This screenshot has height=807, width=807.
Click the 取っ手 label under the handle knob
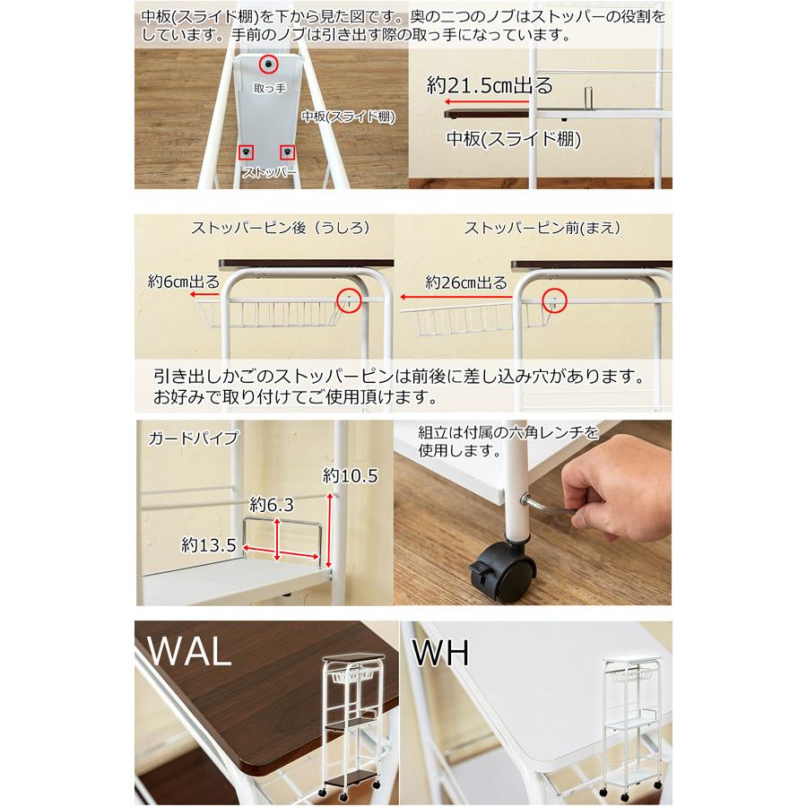tap(270, 88)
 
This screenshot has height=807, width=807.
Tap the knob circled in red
tap(270, 65)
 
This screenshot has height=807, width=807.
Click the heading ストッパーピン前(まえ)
tap(542, 228)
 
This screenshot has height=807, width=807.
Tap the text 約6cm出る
tap(183, 281)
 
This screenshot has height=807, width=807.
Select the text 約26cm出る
tap(467, 282)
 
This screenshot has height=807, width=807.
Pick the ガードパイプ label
tap(194, 438)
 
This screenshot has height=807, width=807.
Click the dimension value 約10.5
tap(351, 477)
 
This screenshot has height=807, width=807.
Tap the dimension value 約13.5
tap(208, 544)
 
